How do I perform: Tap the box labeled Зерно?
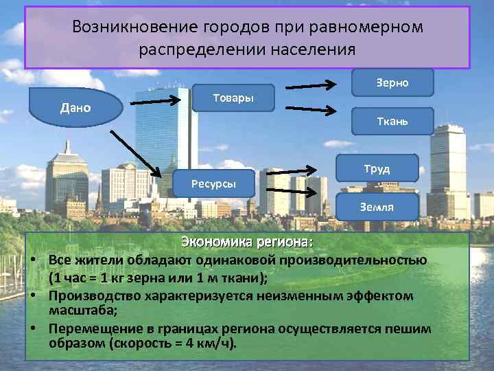pyautogui.click(x=392, y=82)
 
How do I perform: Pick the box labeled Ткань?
pyautogui.click(x=392, y=121)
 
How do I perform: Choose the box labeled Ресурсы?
pyautogui.click(x=213, y=184)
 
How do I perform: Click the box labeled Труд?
pyautogui.click(x=377, y=168)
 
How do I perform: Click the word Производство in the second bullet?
pyautogui.click(x=94, y=296)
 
